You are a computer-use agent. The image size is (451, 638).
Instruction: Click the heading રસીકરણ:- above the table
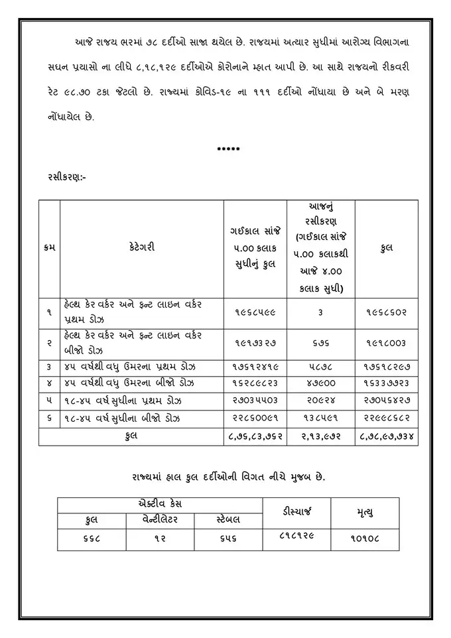[66, 177]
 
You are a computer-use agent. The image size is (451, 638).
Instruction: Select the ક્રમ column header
[49, 247]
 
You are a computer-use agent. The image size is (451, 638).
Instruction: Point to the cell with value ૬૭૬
[320, 343]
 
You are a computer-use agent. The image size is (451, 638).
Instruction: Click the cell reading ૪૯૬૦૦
[320, 384]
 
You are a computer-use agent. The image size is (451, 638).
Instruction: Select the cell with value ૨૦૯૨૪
[320, 401]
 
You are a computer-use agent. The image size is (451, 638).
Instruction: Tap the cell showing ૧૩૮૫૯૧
[320, 418]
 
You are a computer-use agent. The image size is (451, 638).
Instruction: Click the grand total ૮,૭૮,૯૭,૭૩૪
[386, 436]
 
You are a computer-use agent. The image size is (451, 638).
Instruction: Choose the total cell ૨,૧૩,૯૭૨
[320, 436]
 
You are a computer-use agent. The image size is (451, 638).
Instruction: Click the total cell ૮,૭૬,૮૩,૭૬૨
[255, 436]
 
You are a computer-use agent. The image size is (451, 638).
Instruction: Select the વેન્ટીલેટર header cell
[161, 519]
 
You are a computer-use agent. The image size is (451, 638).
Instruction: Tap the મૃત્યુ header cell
[365, 511]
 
